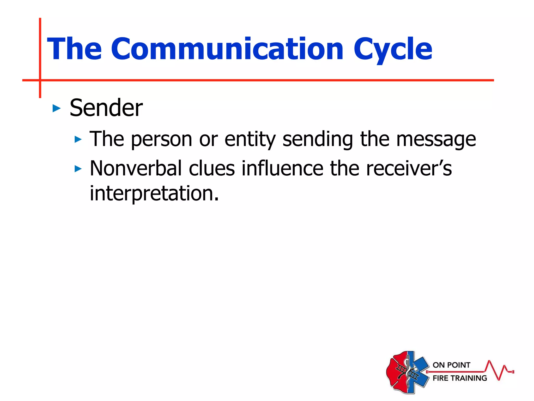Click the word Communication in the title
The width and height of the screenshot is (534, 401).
227,49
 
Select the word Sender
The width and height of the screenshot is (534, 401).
106,108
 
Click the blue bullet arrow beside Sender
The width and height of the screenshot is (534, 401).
56,108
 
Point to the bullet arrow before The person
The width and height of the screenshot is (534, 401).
78,139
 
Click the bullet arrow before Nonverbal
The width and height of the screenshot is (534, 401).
78,169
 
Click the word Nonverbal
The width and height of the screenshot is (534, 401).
136,168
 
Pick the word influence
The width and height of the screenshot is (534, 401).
282,168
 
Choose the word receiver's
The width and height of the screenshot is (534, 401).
409,168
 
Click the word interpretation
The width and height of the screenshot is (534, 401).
154,194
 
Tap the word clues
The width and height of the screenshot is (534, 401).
212,168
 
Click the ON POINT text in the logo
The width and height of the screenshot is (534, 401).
451,365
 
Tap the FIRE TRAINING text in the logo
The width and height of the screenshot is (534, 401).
460,378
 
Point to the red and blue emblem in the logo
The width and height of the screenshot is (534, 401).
408,372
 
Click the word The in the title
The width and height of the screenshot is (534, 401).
74,49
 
